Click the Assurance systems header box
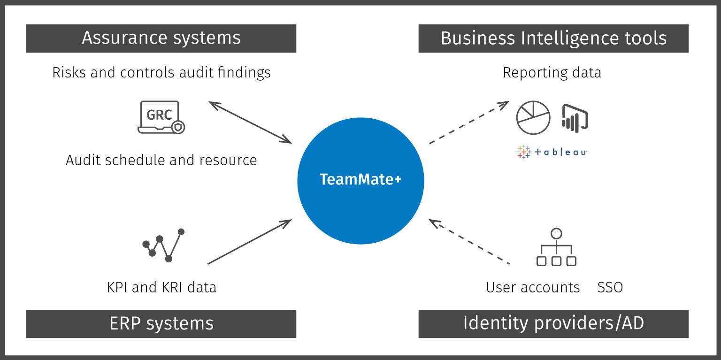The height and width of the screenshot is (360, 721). (x=161, y=38)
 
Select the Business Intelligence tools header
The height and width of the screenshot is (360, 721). (x=553, y=38)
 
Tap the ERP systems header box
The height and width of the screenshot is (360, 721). (x=161, y=323)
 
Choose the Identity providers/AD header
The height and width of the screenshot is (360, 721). (x=553, y=323)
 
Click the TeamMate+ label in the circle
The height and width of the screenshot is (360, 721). (x=360, y=180)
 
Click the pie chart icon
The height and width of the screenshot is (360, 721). (x=533, y=117)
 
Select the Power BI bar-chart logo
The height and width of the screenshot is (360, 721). (x=575, y=118)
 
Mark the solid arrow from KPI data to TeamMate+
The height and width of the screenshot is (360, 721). (x=249, y=242)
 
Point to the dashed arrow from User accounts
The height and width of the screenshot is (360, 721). (x=469, y=242)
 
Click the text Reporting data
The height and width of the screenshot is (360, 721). (x=552, y=73)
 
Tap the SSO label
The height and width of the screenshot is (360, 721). (x=610, y=287)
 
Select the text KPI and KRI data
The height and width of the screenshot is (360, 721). (x=161, y=287)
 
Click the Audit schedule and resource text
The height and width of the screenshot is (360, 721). (x=161, y=160)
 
